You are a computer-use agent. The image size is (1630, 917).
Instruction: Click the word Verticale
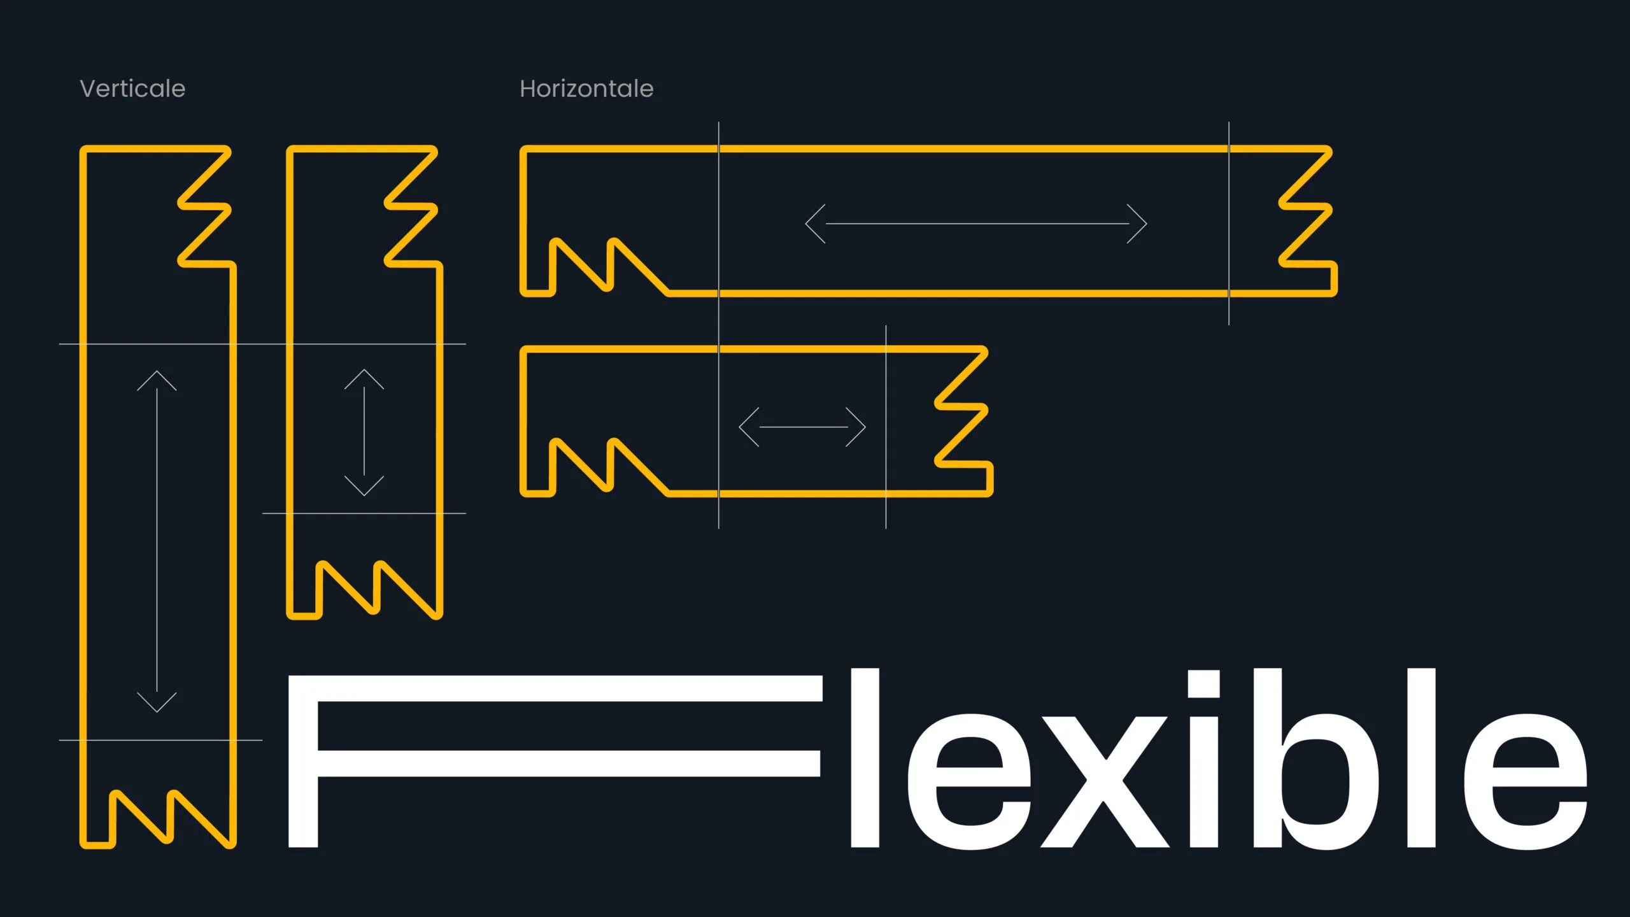pos(132,89)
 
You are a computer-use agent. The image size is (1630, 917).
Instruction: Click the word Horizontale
pos(586,89)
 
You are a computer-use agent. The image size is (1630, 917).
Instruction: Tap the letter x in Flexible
pos(1105,781)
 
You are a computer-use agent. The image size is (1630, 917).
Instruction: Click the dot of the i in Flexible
pos(1203,685)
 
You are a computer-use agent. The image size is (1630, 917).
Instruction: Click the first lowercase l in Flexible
pos(865,758)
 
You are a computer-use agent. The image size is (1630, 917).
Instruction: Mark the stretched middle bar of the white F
pos(567,763)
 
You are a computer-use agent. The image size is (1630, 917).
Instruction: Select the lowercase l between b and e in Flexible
pos(1422,758)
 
